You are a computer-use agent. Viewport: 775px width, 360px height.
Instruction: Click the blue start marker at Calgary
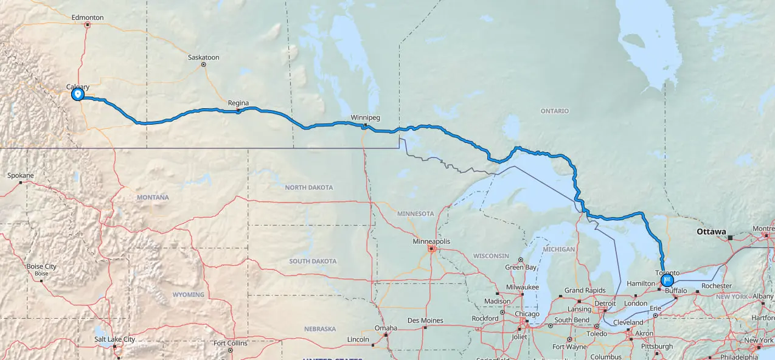pos(77,94)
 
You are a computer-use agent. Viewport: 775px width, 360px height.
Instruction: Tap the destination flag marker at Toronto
pos(667,280)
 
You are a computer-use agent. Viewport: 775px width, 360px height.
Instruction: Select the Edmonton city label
pos(88,18)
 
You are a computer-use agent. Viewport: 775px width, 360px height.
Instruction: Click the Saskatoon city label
pos(203,57)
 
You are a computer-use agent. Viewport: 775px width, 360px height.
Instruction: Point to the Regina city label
pos(238,103)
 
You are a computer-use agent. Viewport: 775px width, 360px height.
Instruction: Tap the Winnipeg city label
pos(365,117)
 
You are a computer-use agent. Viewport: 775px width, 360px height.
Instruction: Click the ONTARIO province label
pos(554,111)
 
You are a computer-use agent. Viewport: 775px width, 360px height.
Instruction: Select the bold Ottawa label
pos(711,232)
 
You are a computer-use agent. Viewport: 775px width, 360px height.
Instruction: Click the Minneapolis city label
pos(431,241)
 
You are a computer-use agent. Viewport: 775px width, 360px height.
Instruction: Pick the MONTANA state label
pos(153,197)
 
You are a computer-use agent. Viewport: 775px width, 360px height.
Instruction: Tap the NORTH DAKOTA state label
pos(309,187)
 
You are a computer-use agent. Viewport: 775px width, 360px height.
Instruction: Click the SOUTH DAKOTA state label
pos(313,261)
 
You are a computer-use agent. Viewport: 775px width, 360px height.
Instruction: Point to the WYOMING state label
pos(188,294)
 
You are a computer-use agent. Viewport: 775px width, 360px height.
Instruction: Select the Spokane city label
pos(20,175)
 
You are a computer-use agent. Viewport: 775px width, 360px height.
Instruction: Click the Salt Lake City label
pos(114,339)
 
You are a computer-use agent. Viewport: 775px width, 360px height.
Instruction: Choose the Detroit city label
pos(605,303)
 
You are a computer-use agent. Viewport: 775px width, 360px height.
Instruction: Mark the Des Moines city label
pos(425,320)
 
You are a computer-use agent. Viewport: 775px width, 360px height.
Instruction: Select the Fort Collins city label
pos(230,343)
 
